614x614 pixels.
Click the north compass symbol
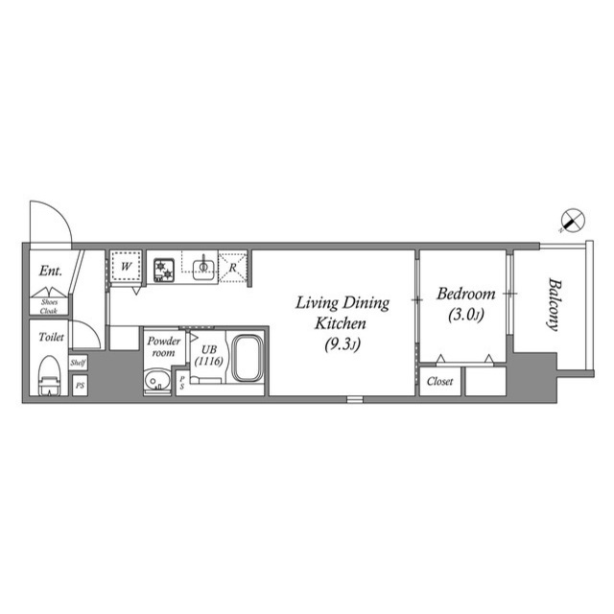pyautogui.click(x=571, y=220)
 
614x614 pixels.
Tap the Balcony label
pyautogui.click(x=554, y=304)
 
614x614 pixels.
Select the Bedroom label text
pyautogui.click(x=465, y=295)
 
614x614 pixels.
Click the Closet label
pyautogui.click(x=440, y=381)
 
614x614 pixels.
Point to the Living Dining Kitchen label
pyautogui.click(x=342, y=313)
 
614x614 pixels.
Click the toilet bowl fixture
pyautogui.click(x=48, y=375)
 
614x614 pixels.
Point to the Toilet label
pyautogui.click(x=50, y=338)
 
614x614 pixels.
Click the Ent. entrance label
pyautogui.click(x=51, y=272)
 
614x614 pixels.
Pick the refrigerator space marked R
pyautogui.click(x=234, y=267)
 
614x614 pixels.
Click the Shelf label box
pyautogui.click(x=79, y=363)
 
